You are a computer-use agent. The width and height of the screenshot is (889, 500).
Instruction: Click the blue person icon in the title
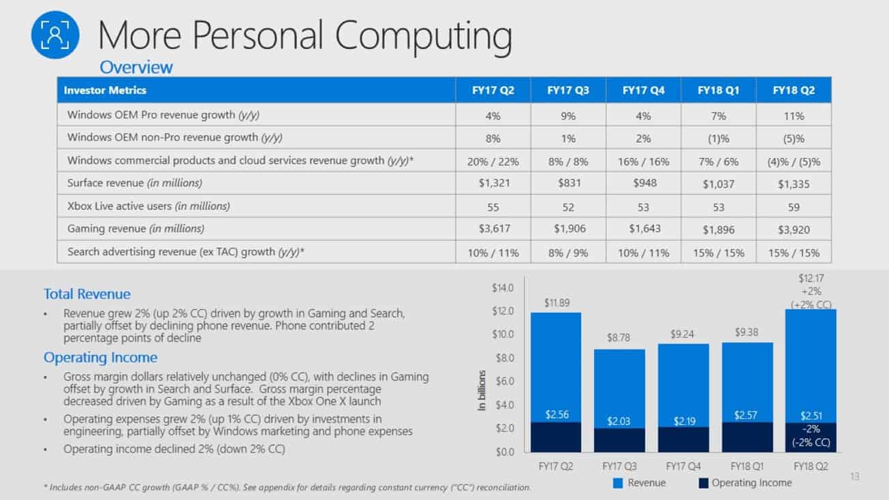click(55, 35)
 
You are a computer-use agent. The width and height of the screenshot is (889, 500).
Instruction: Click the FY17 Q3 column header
click(568, 90)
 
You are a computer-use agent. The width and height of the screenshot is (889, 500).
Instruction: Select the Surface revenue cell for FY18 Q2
click(794, 183)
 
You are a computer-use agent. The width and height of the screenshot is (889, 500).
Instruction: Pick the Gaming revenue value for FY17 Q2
click(493, 229)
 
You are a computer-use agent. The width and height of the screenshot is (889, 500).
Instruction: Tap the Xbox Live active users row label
click(149, 206)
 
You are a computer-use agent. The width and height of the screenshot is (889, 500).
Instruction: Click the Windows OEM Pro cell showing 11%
click(794, 115)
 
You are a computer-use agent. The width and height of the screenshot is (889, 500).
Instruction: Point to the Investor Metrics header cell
click(105, 90)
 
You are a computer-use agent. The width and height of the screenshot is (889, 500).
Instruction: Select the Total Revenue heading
click(87, 294)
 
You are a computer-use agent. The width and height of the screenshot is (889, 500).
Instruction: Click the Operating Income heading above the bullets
click(100, 357)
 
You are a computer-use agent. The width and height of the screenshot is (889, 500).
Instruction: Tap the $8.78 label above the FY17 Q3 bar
click(619, 337)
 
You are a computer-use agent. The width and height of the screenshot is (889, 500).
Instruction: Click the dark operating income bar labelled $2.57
click(746, 436)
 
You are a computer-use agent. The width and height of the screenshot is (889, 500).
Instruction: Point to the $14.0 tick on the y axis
click(503, 288)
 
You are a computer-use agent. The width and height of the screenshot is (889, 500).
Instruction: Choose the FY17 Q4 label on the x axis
click(683, 466)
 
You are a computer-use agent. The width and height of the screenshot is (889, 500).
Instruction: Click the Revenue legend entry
click(640, 483)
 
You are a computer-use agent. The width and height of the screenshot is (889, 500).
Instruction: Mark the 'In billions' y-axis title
click(482, 390)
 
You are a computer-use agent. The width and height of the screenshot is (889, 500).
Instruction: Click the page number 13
click(855, 476)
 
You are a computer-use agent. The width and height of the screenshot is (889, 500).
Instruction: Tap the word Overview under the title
click(136, 67)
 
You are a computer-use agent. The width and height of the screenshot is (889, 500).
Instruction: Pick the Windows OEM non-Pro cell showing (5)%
click(794, 138)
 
